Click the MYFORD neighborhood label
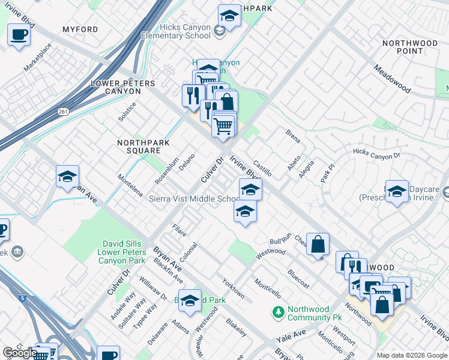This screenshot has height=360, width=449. click(x=80, y=29)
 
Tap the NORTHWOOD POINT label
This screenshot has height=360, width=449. click(x=410, y=47)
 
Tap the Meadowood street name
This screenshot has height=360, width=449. click(x=392, y=79)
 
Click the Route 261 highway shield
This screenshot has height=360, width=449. click(x=64, y=112)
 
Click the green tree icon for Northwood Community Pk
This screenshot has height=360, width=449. click(x=278, y=311)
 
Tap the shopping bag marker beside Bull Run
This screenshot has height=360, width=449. click(x=318, y=244)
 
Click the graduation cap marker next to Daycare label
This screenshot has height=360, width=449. click(x=396, y=191)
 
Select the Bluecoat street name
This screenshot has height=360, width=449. click(x=298, y=278)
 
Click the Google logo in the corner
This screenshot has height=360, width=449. click(x=20, y=353)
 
